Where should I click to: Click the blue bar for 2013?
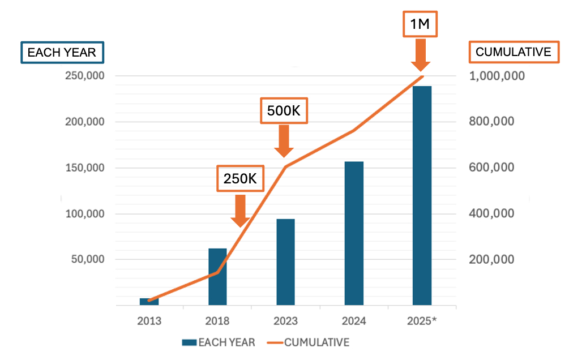coord(149,302)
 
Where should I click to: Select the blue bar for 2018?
coord(217,277)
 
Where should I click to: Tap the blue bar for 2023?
coord(285,262)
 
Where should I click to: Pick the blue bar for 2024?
coord(354,233)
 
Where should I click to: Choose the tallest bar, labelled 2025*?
coord(422,195)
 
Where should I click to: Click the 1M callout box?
coord(420,24)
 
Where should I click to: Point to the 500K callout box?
coord(284,111)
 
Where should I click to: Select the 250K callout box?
coord(239,179)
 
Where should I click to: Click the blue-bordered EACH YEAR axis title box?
coord(62,53)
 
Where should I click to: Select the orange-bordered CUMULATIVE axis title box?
coord(513,52)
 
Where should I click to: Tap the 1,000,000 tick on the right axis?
coord(498,76)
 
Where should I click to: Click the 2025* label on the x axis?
coord(422,321)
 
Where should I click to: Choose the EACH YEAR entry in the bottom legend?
coord(219,342)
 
